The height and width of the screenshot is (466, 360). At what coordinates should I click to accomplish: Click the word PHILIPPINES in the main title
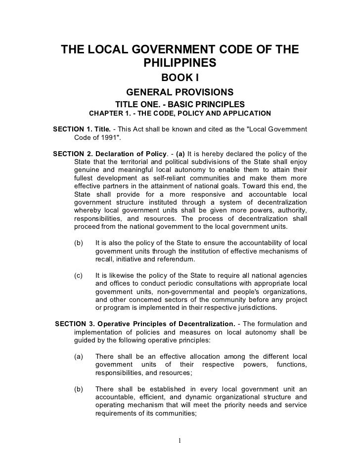pyautogui.click(x=180, y=64)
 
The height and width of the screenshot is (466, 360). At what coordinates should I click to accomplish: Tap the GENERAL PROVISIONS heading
pyautogui.click(x=180, y=92)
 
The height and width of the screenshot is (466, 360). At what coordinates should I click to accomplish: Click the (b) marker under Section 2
pyautogui.click(x=78, y=243)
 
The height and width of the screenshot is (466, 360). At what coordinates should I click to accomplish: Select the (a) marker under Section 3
pyautogui.click(x=78, y=356)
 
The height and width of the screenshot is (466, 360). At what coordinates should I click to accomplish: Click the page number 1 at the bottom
pyautogui.click(x=180, y=441)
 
